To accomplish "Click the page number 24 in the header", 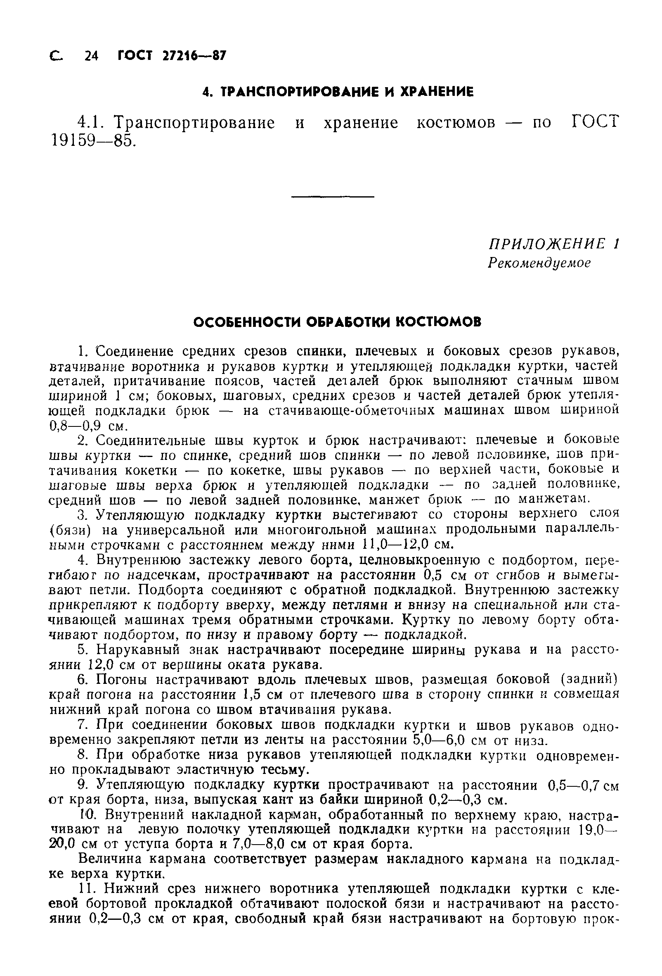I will tap(91, 55).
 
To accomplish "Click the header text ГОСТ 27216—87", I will tap(171, 55).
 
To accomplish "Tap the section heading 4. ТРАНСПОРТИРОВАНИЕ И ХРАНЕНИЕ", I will tap(337, 92).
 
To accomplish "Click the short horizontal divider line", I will tap(332, 197).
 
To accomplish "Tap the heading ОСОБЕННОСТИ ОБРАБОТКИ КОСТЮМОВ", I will tap(337, 322).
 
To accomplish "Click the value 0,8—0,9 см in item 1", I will tap(88, 426).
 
